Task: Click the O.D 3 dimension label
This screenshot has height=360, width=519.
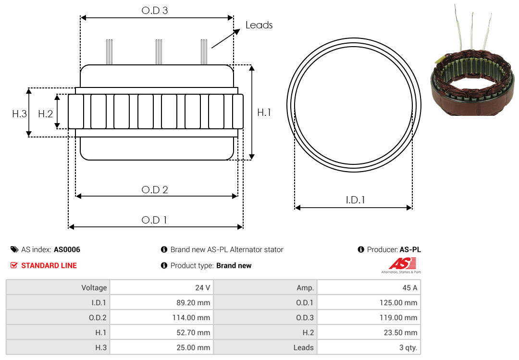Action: click(x=155, y=11)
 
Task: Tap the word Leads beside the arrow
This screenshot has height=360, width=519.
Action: click(x=259, y=25)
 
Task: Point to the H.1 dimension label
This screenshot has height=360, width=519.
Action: click(x=264, y=112)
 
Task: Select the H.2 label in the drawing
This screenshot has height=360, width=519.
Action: click(x=45, y=114)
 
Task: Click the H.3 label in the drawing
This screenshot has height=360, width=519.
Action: click(x=19, y=114)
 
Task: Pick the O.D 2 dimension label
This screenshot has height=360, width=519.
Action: click(x=155, y=190)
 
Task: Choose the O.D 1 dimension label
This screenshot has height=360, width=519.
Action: click(x=154, y=220)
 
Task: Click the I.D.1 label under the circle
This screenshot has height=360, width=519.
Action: click(x=355, y=200)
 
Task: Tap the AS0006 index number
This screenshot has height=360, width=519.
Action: click(x=67, y=250)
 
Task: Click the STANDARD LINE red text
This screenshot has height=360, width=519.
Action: click(x=49, y=266)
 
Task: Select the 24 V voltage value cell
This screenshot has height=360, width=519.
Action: click(x=161, y=287)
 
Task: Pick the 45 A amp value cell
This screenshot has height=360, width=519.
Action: click(x=369, y=287)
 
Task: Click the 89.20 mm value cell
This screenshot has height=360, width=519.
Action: click(x=161, y=302)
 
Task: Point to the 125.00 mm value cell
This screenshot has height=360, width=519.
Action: click(x=369, y=302)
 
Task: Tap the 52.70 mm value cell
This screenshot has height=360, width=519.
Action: click(x=161, y=332)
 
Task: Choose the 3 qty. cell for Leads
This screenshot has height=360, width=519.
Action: click(x=369, y=348)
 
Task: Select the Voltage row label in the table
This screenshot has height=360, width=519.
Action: click(x=58, y=287)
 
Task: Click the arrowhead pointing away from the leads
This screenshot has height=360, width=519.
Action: click(x=236, y=31)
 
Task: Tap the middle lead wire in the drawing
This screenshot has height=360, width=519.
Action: click(x=159, y=52)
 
